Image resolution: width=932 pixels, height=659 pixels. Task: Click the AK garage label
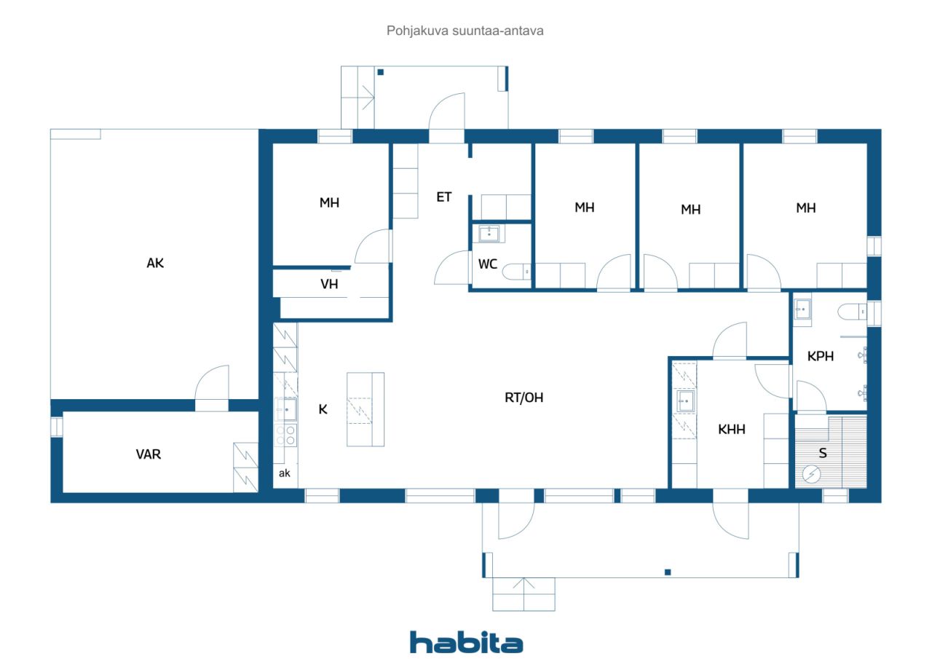tap(155, 264)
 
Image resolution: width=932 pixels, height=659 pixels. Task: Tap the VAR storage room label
tap(149, 454)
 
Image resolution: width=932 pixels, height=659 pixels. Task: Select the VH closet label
tap(329, 284)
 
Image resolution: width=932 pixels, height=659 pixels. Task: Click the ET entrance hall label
tap(443, 197)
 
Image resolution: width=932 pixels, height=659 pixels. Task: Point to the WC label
tap(488, 264)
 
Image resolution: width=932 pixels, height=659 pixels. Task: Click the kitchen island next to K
tap(365, 409)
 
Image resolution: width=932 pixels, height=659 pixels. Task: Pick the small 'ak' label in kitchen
tap(285, 473)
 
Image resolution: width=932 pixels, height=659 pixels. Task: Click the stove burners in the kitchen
tap(285, 435)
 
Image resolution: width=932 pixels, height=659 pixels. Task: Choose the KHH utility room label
tap(732, 430)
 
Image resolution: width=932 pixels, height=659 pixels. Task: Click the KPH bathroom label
tap(820, 357)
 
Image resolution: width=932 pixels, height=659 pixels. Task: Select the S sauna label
tap(823, 453)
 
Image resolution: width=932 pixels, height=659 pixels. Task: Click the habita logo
tap(466, 642)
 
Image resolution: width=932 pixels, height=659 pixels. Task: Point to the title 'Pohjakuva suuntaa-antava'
tap(465, 31)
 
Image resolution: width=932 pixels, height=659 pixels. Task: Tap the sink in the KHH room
tap(684, 400)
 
